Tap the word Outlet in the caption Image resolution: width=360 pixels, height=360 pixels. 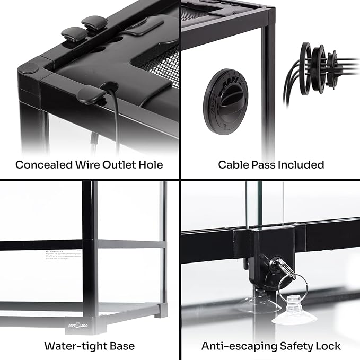[x=121, y=164]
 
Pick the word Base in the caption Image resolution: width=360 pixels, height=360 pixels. [x=121, y=346]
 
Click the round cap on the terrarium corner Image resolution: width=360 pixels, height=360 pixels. [x=30, y=68]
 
